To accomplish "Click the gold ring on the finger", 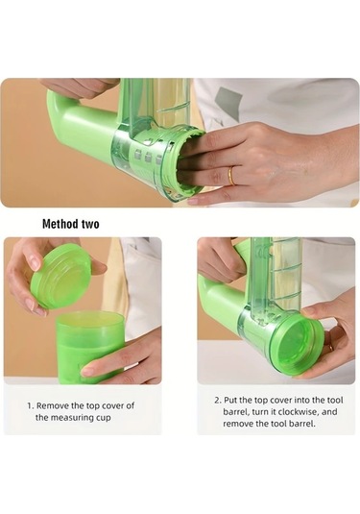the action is point(231,176).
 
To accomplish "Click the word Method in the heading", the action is point(59,224).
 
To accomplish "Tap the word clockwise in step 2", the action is point(292,412).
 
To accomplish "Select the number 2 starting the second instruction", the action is point(218,401).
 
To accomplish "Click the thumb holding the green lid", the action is point(98,266).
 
